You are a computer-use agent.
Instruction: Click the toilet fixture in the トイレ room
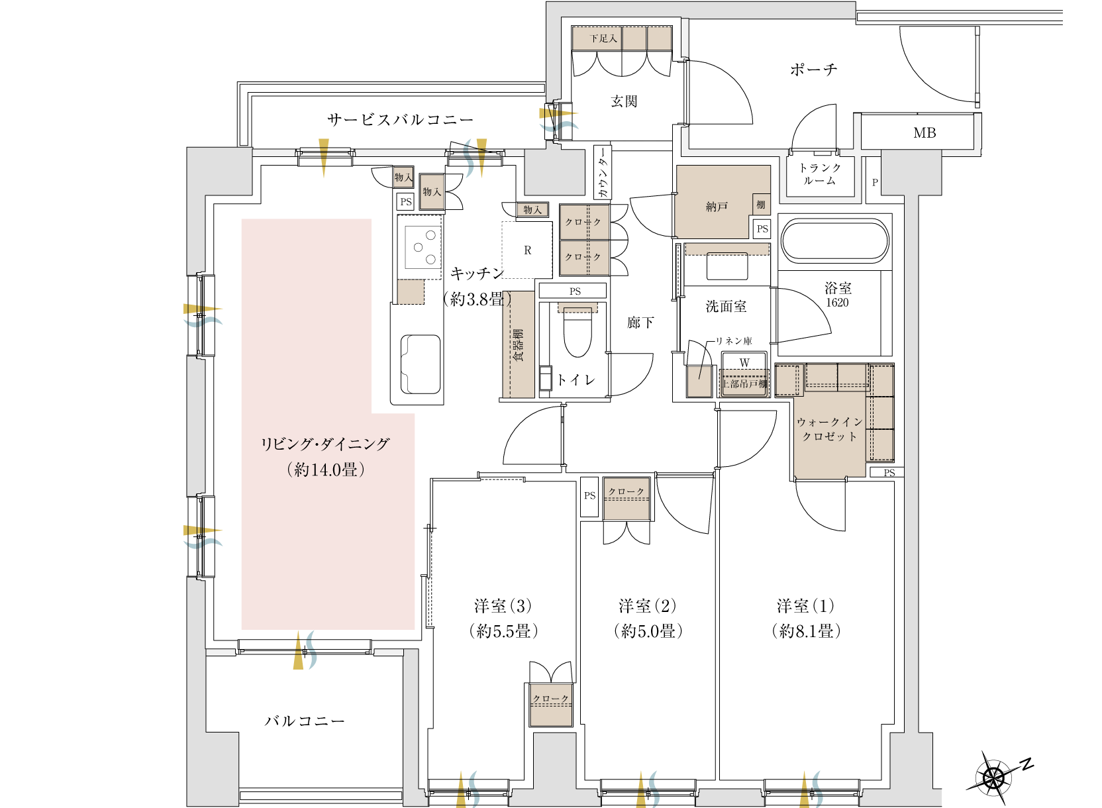pos(577,330)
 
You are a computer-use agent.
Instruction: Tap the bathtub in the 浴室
pos(835,241)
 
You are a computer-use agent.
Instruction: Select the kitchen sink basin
pos(420,364)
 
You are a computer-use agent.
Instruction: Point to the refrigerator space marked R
pos(527,250)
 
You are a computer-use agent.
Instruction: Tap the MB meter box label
pos(925,133)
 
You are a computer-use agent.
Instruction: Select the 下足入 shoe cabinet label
pos(603,38)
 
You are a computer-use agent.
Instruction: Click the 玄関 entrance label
pos(624,101)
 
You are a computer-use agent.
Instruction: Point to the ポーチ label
pos(814,70)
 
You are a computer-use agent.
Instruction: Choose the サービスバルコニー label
pos(400,120)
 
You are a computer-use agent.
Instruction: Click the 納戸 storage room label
pos(717,207)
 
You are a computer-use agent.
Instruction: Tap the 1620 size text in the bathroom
pos(837,303)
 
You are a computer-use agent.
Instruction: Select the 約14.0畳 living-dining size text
pos(326,470)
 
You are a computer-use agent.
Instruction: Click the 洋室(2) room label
pos(648,606)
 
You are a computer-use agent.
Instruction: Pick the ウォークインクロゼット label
pos(829,429)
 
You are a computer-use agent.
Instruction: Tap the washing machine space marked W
pos(744,363)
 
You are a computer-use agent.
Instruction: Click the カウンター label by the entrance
pos(603,172)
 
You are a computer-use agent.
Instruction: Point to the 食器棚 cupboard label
pos(518,346)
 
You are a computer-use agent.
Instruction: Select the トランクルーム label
pos(820,174)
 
